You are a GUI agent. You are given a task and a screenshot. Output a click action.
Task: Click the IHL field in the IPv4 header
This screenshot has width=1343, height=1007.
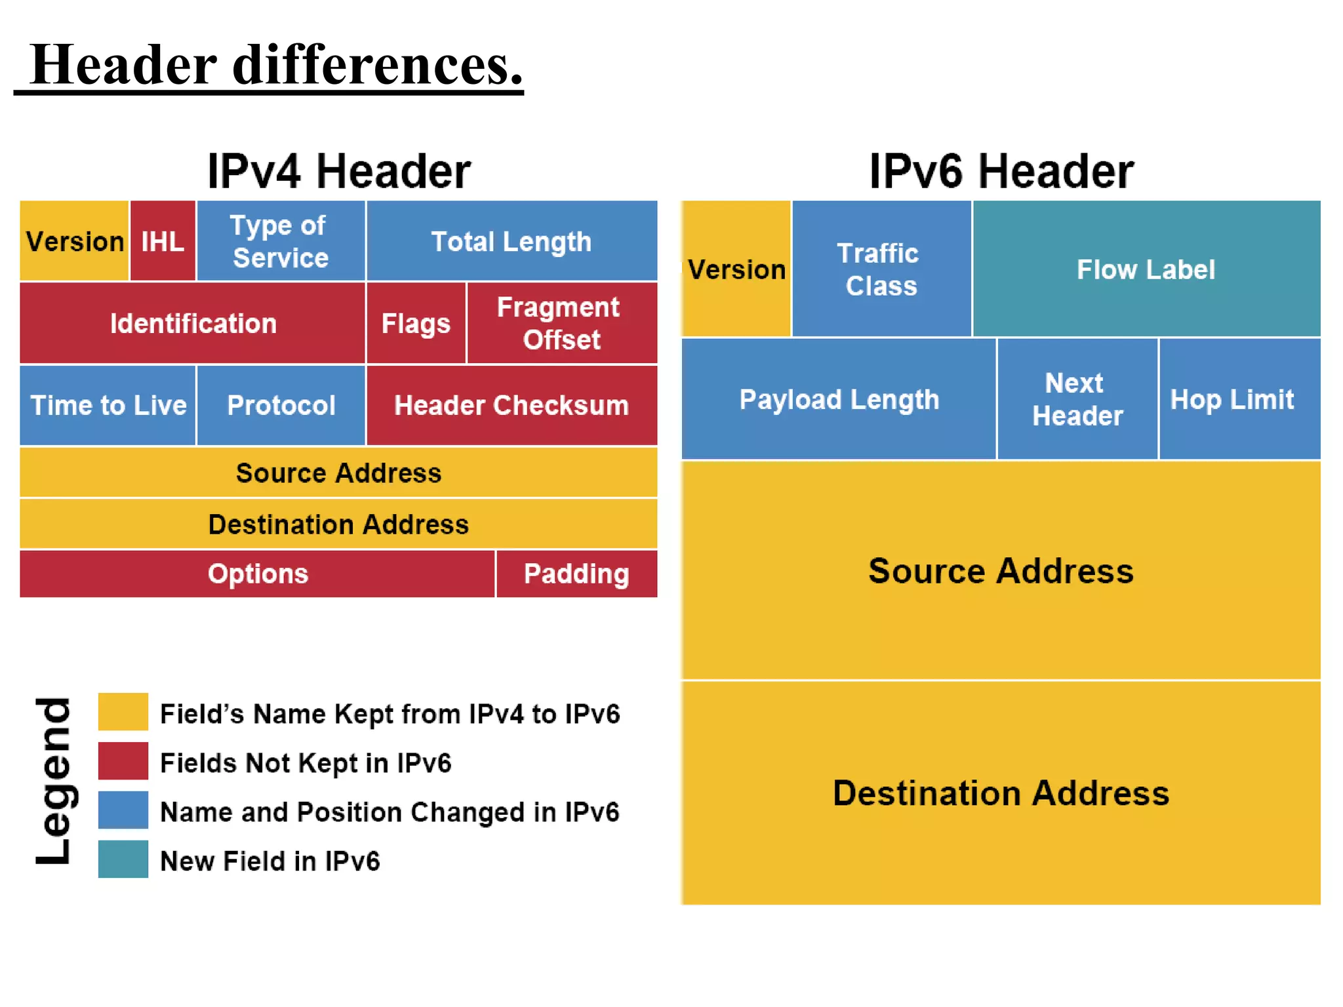(163, 241)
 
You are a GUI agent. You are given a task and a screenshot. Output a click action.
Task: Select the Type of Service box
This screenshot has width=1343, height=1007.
(281, 241)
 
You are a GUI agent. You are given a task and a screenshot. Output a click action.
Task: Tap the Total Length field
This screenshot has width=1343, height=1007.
(511, 241)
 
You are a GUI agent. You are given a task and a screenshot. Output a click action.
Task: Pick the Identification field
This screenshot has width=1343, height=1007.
(193, 323)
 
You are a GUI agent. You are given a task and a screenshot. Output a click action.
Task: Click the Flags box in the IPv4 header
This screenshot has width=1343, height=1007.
(416, 323)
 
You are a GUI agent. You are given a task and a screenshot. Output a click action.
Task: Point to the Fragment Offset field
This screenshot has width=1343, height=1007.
(561, 323)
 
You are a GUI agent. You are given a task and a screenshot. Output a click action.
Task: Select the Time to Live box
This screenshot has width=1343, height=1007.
(108, 405)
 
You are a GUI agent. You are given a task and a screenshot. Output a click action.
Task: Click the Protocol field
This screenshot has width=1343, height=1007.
(281, 405)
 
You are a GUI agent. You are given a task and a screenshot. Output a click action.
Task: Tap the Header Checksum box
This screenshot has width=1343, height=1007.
(511, 405)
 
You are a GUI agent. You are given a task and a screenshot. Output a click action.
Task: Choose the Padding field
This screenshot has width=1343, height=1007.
(576, 574)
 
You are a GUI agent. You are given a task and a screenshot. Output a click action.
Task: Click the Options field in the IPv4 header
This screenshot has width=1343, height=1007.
(258, 574)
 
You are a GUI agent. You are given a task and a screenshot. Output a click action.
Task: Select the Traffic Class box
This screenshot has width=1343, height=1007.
(881, 269)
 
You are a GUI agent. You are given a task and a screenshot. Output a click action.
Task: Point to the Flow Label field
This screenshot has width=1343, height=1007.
(1146, 269)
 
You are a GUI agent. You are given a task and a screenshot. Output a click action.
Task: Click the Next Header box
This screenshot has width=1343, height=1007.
(1077, 399)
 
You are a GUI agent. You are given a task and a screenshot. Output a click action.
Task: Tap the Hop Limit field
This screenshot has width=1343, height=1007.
(1239, 399)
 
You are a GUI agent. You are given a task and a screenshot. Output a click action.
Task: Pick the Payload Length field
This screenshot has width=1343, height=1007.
(839, 399)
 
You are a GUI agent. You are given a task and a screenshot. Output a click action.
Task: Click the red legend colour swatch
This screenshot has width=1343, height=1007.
(123, 761)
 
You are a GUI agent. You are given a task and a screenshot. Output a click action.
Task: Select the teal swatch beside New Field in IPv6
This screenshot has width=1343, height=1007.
(123, 859)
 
